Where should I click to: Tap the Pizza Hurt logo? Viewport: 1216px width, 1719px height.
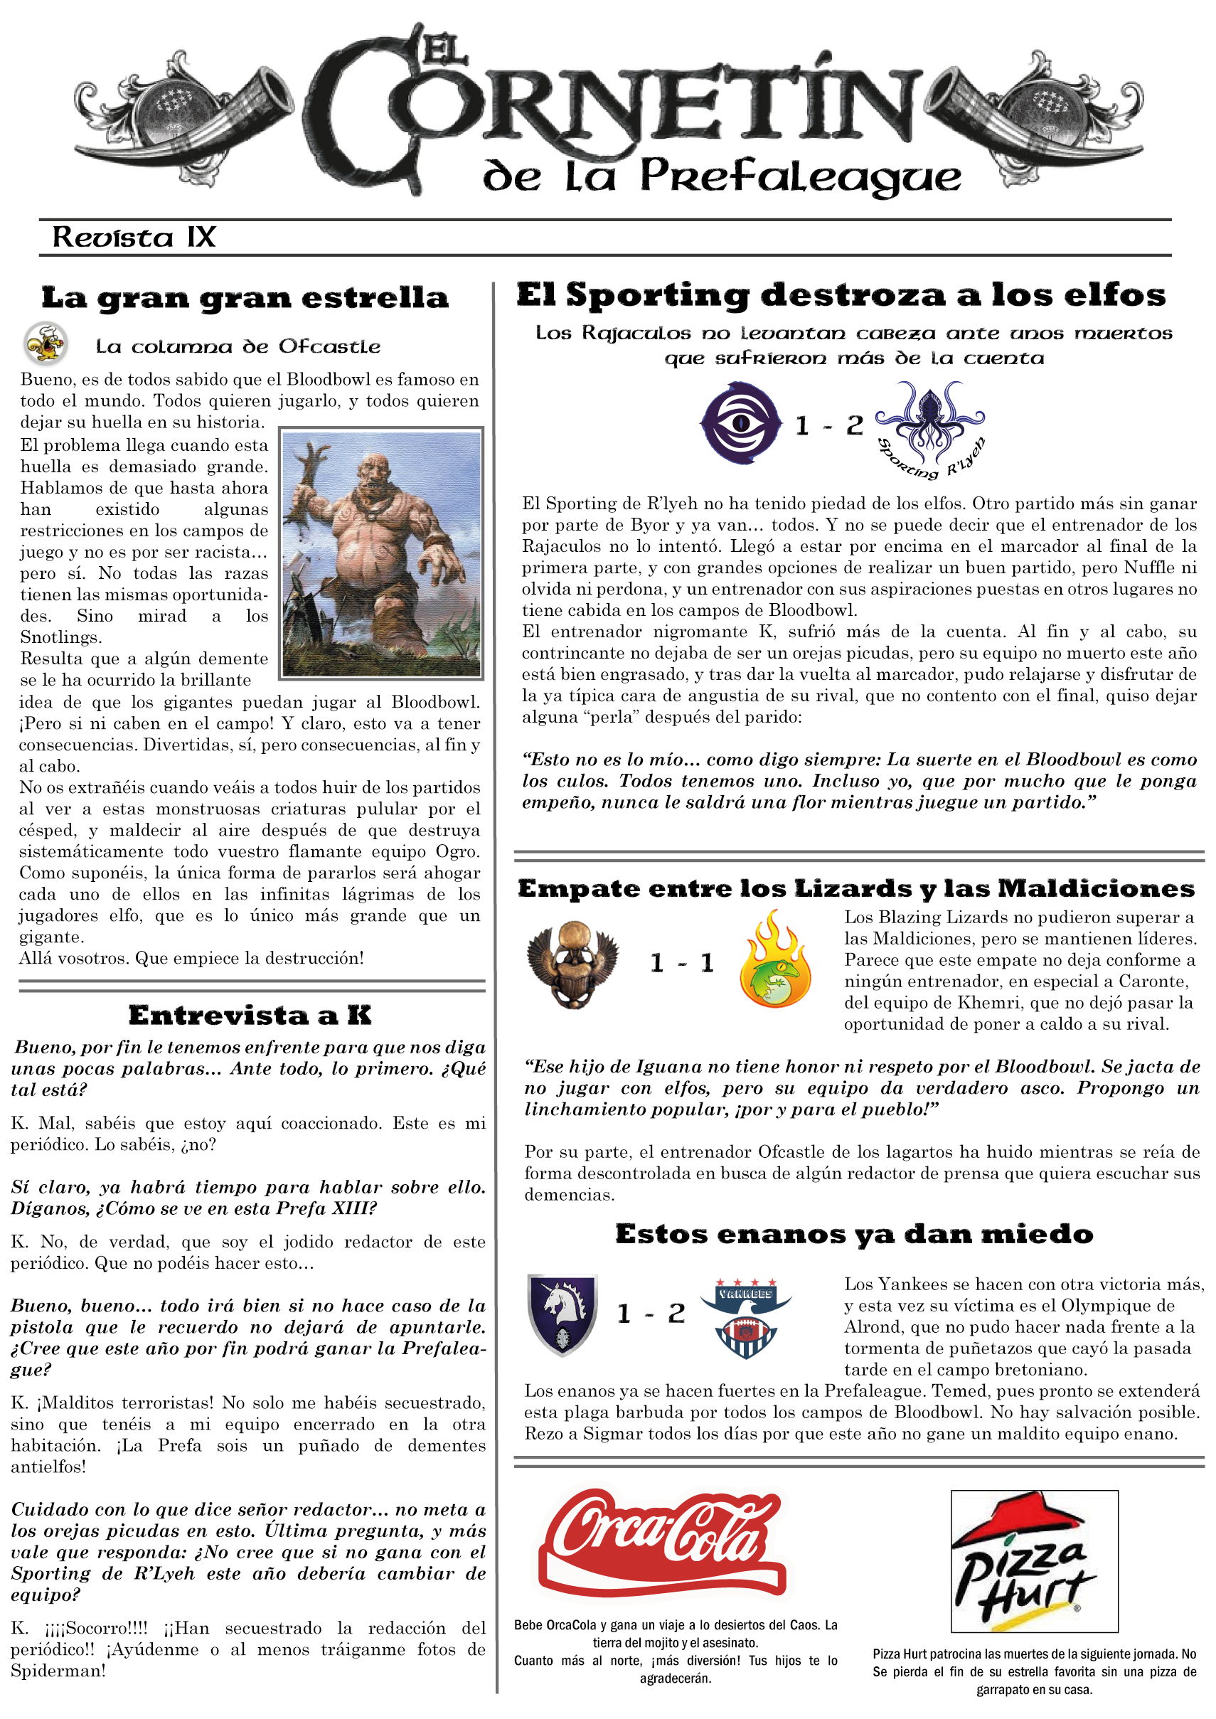click(1033, 1560)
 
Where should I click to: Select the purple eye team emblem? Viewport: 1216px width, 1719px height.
click(740, 423)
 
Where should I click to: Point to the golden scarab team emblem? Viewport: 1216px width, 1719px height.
click(573, 963)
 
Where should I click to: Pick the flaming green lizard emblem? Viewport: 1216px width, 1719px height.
click(774, 961)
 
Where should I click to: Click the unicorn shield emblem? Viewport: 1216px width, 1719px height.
click(562, 1315)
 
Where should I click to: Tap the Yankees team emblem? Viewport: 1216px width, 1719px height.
click(745, 1317)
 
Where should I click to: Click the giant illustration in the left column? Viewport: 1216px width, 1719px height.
click(381, 553)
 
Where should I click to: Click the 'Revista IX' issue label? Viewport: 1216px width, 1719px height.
click(134, 238)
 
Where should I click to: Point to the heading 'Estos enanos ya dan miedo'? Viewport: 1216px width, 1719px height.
click(854, 1234)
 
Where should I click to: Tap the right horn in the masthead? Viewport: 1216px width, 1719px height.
click(1033, 112)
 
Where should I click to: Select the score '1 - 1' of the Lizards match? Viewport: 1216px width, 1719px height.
click(681, 963)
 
